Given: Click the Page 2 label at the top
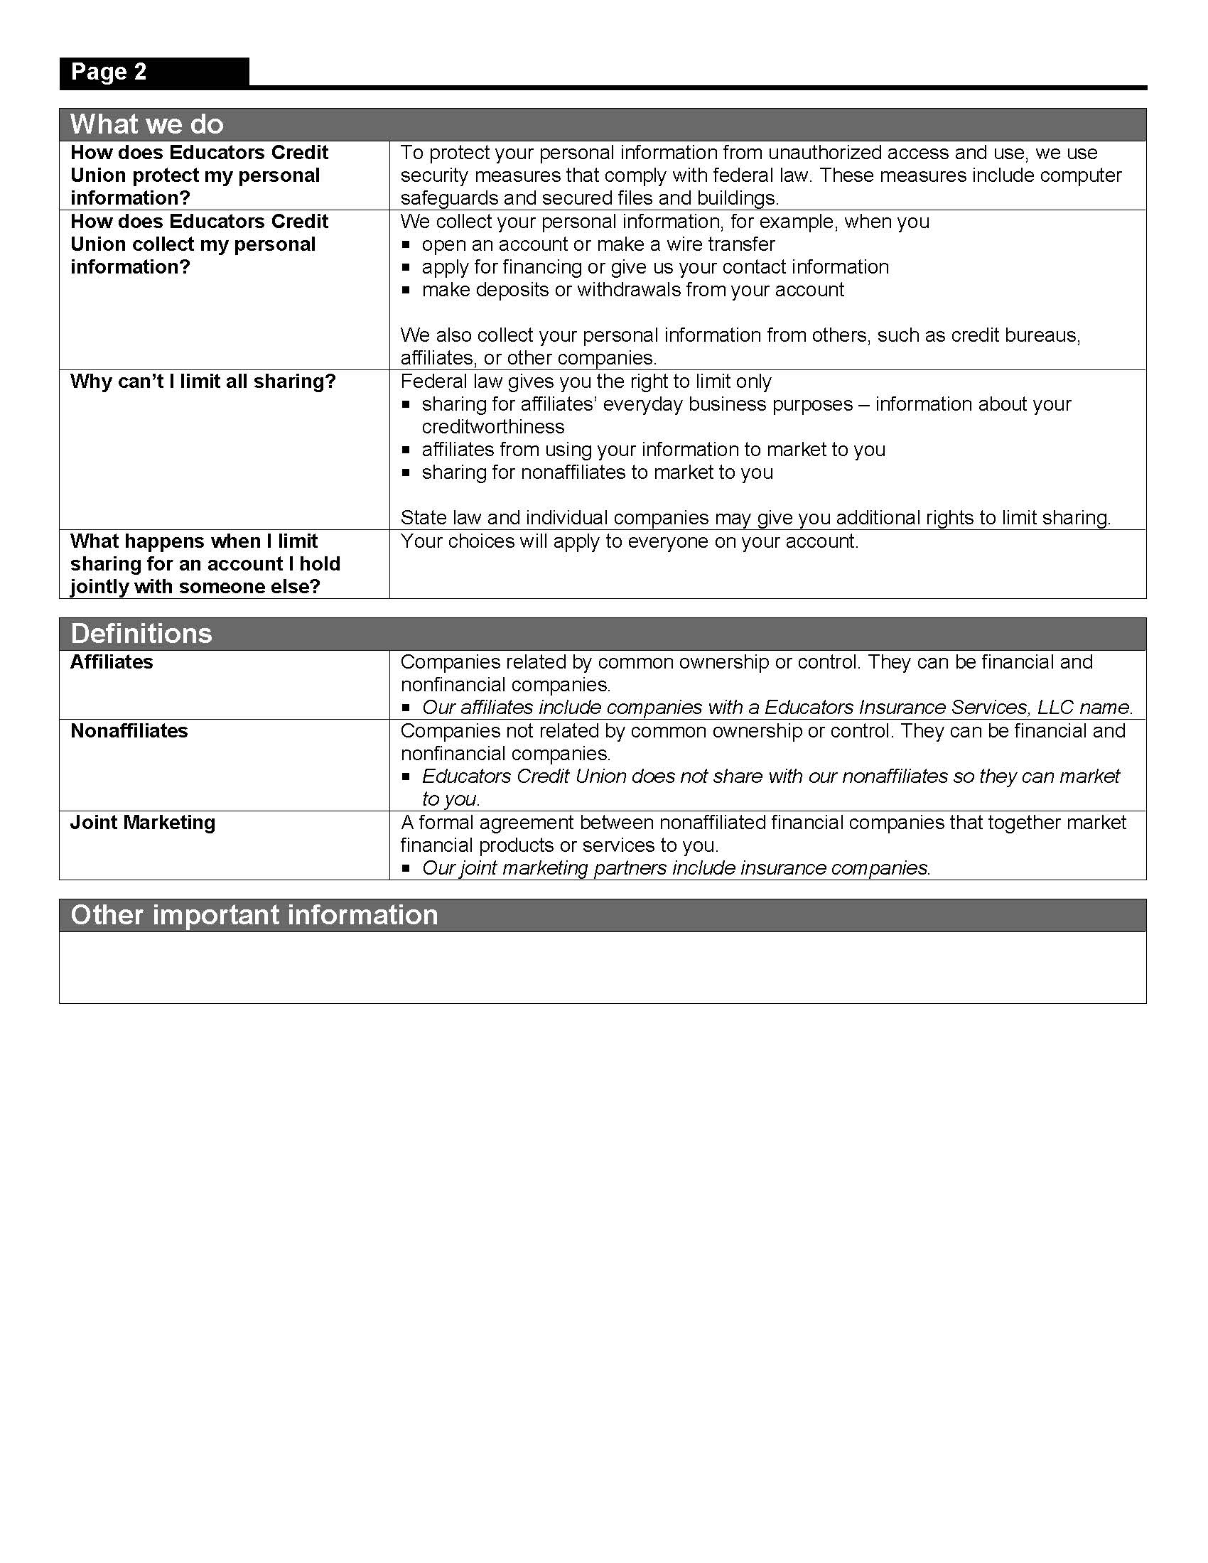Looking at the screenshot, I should click(x=109, y=72).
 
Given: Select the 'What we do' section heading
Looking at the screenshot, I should click(x=146, y=124).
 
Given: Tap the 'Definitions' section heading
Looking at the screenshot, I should click(x=141, y=633).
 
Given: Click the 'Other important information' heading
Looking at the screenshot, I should click(x=254, y=914).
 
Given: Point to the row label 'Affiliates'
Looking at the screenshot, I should click(x=112, y=662).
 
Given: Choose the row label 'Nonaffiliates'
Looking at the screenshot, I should click(x=129, y=730).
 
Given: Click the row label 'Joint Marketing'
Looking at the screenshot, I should click(x=142, y=822).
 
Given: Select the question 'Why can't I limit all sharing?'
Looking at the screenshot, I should click(x=203, y=382).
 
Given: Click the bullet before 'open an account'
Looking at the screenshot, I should click(x=406, y=245).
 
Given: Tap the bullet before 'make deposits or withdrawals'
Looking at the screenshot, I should click(x=406, y=291).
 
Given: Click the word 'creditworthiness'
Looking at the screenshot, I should click(x=493, y=427).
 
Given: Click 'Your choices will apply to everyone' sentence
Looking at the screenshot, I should click(x=629, y=541).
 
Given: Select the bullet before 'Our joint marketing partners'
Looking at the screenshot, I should click(x=406, y=869).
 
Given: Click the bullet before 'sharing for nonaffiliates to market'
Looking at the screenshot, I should click(x=406, y=473).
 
